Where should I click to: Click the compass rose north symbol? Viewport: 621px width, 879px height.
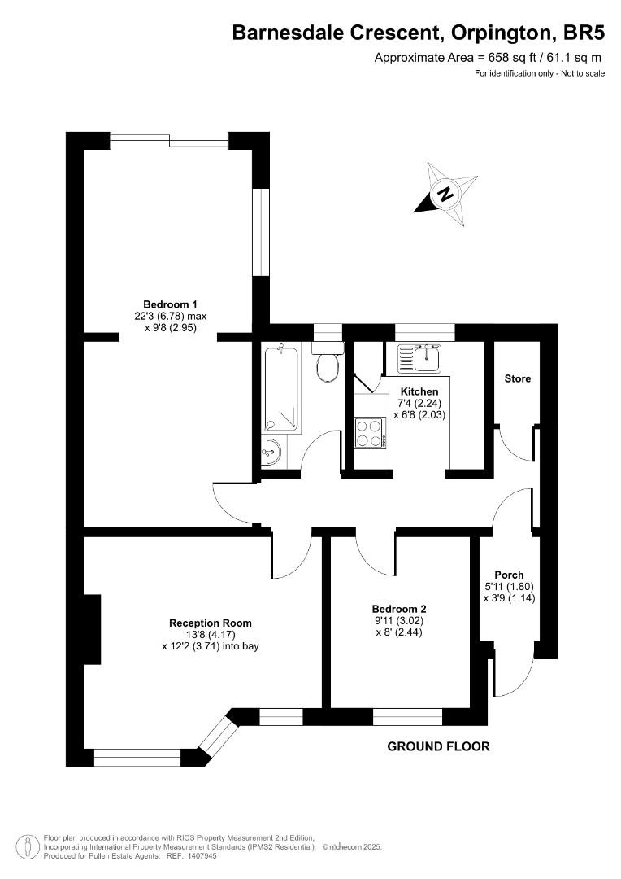(x=445, y=194)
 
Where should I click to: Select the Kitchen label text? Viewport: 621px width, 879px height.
(x=419, y=391)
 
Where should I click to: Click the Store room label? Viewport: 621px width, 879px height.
(x=518, y=378)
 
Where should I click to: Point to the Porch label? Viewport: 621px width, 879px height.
(x=509, y=575)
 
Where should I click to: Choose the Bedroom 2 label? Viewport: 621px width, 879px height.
(x=399, y=609)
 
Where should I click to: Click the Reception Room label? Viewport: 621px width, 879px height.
(x=210, y=623)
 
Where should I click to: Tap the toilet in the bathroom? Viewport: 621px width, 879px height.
(x=328, y=366)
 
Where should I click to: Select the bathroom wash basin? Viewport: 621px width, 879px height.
(x=271, y=450)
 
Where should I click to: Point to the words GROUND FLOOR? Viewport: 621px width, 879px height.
(x=439, y=746)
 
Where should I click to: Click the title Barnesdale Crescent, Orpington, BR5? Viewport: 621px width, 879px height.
(x=419, y=33)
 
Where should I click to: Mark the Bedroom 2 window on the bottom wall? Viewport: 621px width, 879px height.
(x=408, y=717)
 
